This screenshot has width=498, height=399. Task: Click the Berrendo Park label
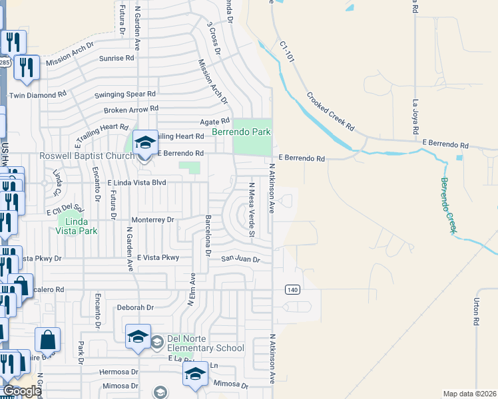(241, 132)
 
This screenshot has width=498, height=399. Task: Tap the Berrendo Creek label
(449, 205)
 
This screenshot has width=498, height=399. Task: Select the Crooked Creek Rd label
(330, 111)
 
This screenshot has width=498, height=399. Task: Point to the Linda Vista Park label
(79, 225)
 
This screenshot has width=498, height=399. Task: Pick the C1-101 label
(288, 50)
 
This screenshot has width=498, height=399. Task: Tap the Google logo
(21, 391)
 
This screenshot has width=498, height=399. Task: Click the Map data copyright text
(470, 394)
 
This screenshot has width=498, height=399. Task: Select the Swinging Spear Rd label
(124, 94)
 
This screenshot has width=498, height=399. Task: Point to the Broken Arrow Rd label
(131, 108)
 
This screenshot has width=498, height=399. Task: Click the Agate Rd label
(215, 121)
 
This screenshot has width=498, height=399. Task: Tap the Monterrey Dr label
(152, 219)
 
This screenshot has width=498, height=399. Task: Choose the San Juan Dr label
(240, 259)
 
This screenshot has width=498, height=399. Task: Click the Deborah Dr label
(135, 307)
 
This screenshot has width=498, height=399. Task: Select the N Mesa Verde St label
(252, 209)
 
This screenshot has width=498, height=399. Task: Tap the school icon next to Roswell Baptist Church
(144, 142)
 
